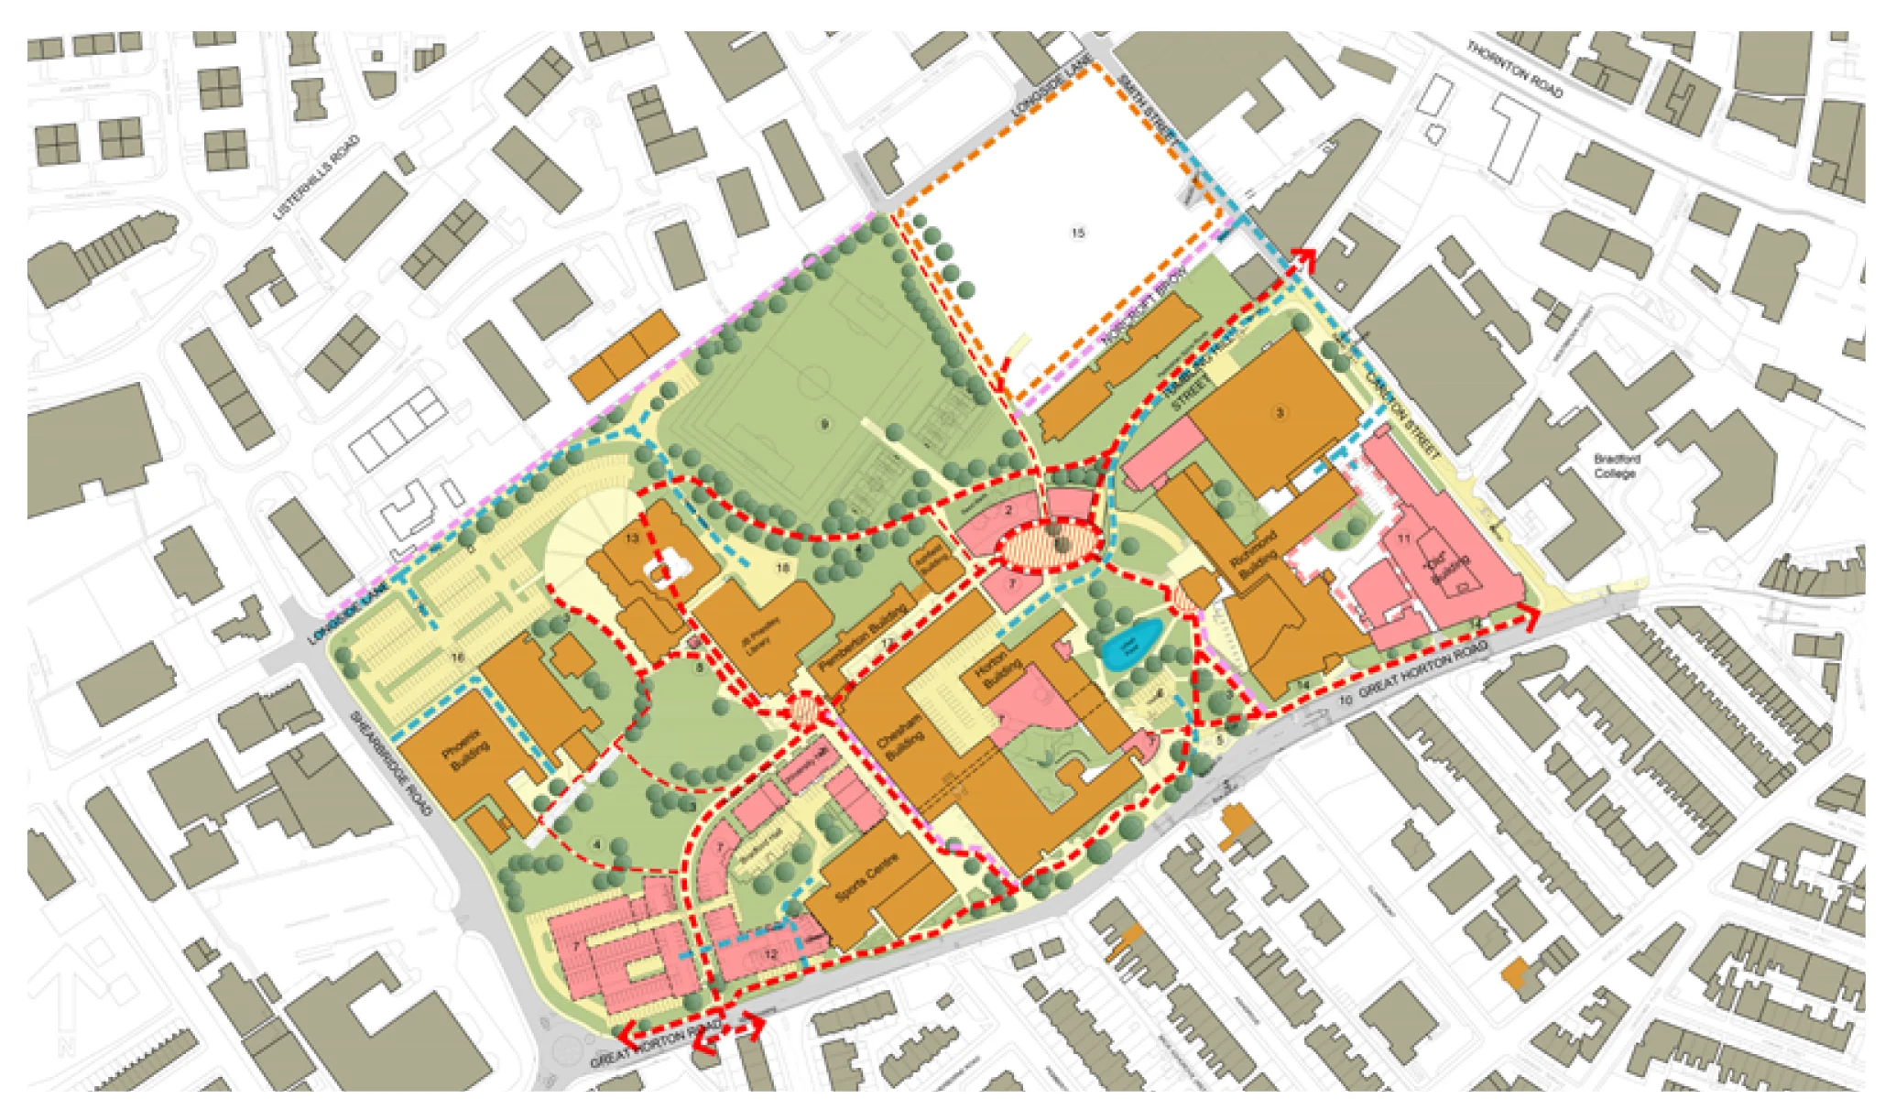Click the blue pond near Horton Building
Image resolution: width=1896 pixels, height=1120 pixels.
pos(1131,643)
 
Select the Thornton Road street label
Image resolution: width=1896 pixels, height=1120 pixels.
pos(1515,69)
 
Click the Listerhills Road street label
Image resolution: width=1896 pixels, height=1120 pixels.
pos(317,179)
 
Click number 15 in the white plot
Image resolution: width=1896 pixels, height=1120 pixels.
pos(1077,233)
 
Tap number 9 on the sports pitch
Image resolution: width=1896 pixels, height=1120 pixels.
pos(824,424)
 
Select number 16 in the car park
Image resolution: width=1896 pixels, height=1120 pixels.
pos(457,658)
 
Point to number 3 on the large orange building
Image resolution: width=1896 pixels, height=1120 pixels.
pos(1280,413)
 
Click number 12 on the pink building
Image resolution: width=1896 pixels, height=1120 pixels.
pos(769,954)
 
